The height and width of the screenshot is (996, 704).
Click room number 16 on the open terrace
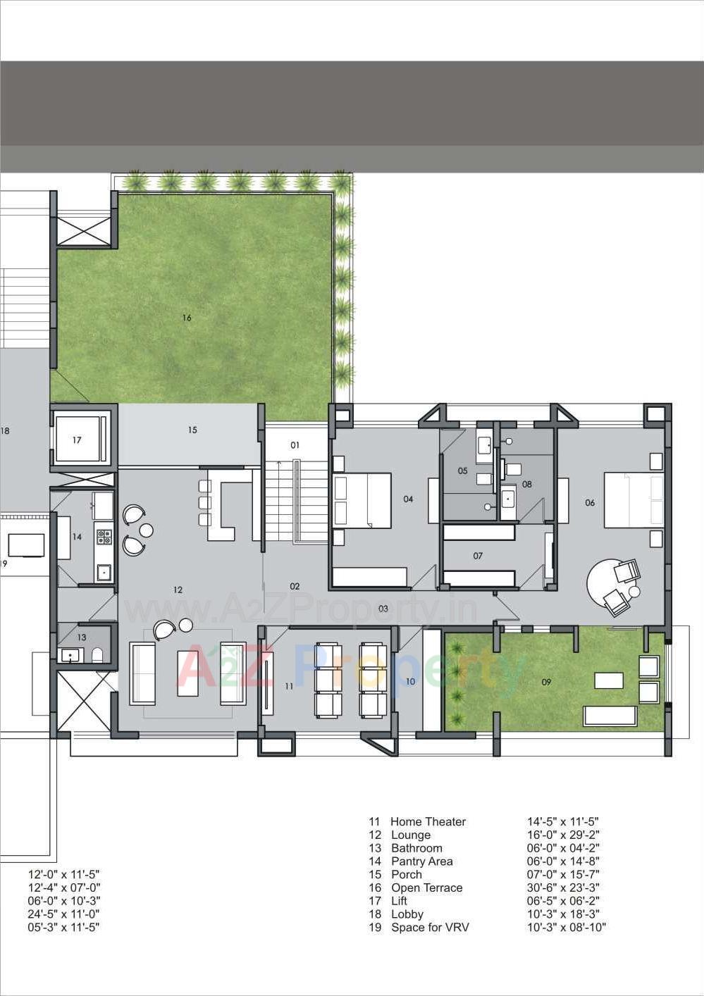pos(187,318)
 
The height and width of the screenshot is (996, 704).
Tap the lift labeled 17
pos(77,440)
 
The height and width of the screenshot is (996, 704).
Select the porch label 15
pos(192,430)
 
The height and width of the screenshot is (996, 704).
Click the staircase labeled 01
pos(295,445)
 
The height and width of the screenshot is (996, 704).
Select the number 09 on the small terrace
pos(546,682)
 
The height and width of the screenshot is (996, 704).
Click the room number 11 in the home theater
pos(289,685)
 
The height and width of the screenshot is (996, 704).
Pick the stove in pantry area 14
pos(104,537)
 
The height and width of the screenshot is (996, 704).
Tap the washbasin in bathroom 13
pos(70,656)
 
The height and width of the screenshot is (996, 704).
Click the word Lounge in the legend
pos(411,835)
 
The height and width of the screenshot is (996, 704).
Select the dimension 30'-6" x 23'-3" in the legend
pos(563,888)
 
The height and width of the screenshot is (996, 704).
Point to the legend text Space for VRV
pos(430,927)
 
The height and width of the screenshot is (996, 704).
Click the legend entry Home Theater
pos(428,821)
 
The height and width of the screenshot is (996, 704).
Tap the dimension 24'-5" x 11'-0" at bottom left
pos(64,914)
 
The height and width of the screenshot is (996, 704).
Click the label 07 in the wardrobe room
pos(478,556)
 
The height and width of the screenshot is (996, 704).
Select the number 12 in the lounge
pos(178,590)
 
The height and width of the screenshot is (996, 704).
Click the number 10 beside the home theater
pos(410,681)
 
